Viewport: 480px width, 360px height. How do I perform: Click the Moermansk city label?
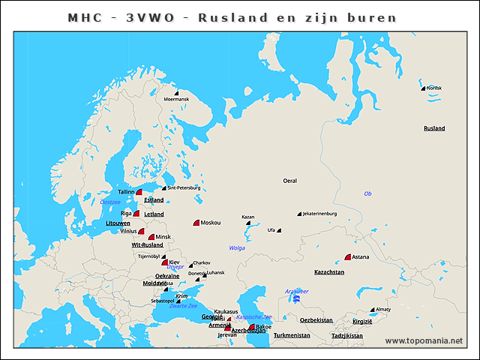click(x=176, y=99)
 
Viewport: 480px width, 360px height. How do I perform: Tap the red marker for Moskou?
click(x=196, y=223)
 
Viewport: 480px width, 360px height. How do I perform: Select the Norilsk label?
click(x=433, y=88)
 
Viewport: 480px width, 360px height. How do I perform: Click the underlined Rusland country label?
click(x=434, y=128)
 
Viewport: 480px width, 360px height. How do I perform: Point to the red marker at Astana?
click(x=348, y=257)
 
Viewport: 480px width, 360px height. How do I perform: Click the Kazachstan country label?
click(x=328, y=272)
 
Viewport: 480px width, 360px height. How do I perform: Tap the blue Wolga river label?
click(x=237, y=247)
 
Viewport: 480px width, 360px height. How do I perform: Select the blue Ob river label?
click(x=367, y=193)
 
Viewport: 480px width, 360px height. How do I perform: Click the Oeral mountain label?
click(x=289, y=181)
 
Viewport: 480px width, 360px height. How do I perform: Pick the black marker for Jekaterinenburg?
click(x=299, y=214)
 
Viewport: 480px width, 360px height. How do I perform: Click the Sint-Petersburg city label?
click(x=184, y=187)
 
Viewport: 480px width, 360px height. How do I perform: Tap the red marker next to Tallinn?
click(x=139, y=193)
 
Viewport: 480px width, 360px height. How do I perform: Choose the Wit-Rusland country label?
click(x=147, y=245)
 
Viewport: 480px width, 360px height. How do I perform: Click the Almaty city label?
click(x=384, y=309)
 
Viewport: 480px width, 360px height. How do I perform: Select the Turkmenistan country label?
click(x=292, y=335)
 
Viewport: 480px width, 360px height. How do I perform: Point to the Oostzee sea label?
click(x=110, y=202)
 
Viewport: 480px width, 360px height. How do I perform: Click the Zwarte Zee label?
click(x=183, y=306)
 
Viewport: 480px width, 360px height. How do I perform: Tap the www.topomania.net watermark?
click(x=424, y=341)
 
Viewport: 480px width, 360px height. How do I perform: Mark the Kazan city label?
click(x=248, y=217)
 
